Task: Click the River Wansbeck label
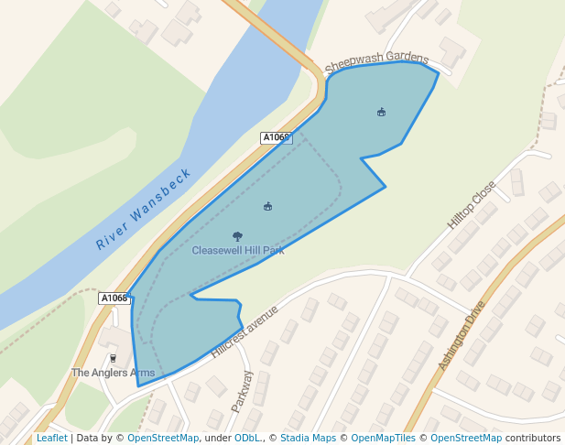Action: click(x=144, y=209)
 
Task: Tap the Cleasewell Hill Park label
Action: click(x=238, y=250)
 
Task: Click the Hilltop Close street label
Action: click(x=472, y=204)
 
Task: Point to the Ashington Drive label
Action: click(x=461, y=336)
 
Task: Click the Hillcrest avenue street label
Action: click(x=244, y=331)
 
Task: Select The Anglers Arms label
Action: click(x=114, y=373)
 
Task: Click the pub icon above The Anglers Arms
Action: click(x=114, y=358)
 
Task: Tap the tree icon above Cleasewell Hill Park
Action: click(x=238, y=236)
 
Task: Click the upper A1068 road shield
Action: click(x=276, y=138)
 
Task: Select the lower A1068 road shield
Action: click(x=114, y=298)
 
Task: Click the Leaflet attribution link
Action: click(x=52, y=439)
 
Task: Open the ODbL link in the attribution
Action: click(x=247, y=439)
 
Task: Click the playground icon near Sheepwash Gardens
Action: click(x=382, y=113)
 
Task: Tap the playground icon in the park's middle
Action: click(x=268, y=207)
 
